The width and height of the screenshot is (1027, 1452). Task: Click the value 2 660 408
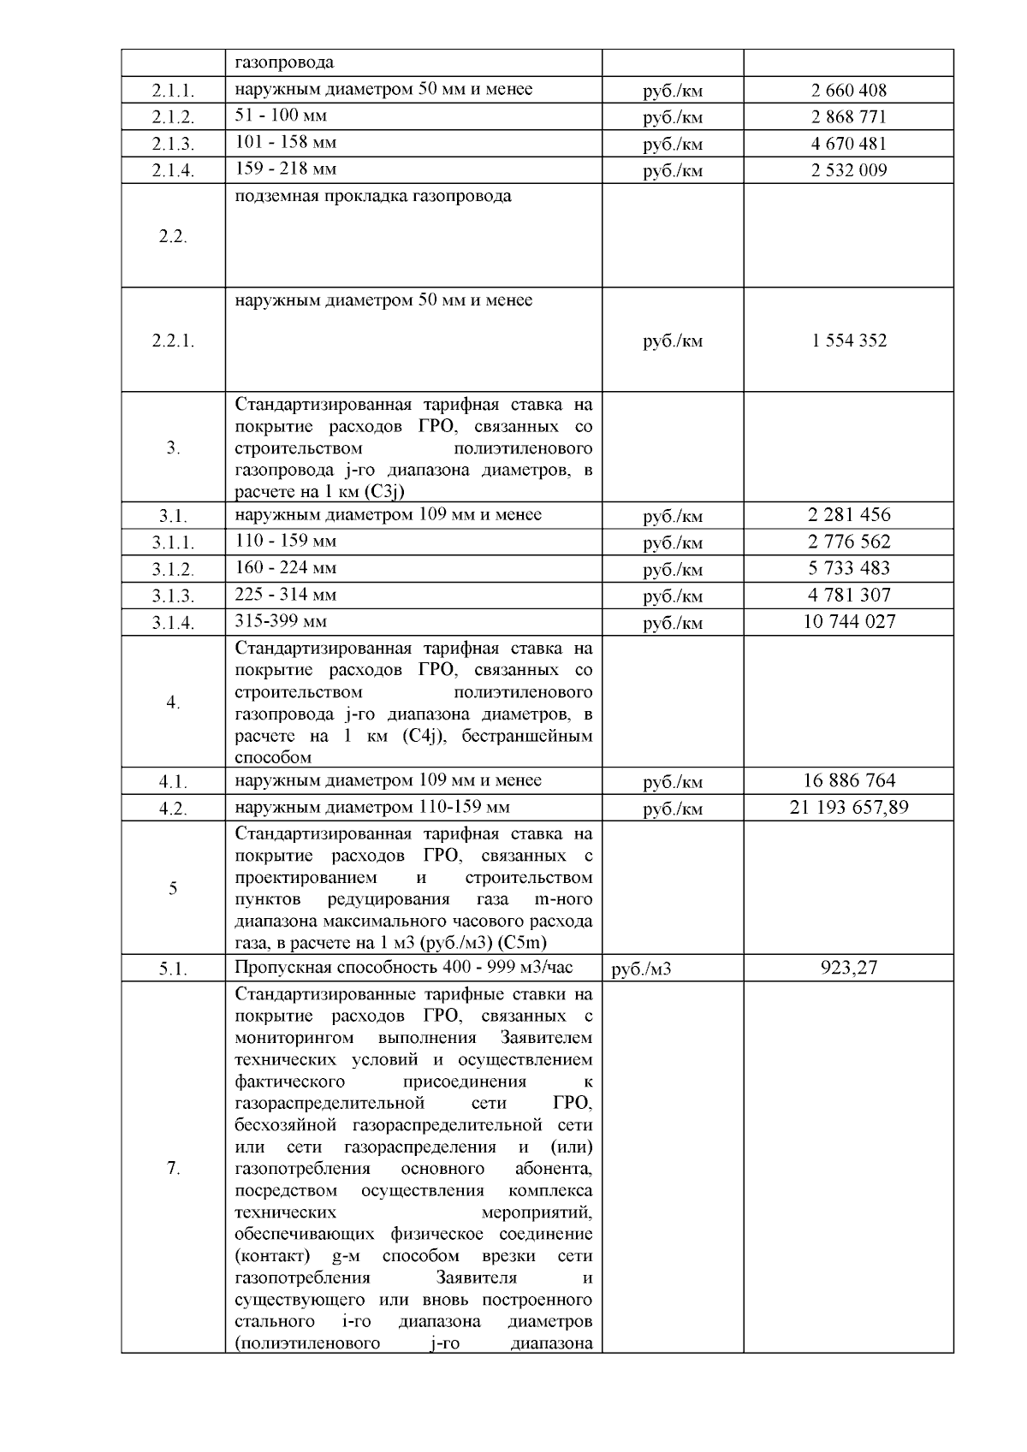pyautogui.click(x=848, y=90)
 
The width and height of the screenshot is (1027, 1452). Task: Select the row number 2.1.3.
pyautogui.click(x=173, y=144)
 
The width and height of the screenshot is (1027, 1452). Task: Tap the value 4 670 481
pyautogui.click(x=848, y=143)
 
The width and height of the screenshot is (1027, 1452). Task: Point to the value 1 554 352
pyautogui.click(x=848, y=341)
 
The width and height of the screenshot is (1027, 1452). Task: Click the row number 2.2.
pyautogui.click(x=173, y=237)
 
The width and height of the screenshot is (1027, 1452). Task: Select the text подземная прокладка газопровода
pyautogui.click(x=373, y=196)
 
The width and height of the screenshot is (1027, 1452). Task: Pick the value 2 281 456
pyautogui.click(x=848, y=515)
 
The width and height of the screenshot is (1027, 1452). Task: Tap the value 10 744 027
pyautogui.click(x=848, y=621)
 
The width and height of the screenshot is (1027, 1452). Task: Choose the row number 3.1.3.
pyautogui.click(x=173, y=596)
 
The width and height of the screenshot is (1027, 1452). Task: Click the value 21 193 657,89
pyautogui.click(x=848, y=807)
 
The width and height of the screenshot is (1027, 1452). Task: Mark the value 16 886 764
pyautogui.click(x=848, y=780)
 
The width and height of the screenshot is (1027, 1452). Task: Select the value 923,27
pyautogui.click(x=848, y=968)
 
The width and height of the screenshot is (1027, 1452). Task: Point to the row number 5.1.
pyautogui.click(x=173, y=969)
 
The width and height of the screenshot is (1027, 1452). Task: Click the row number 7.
pyautogui.click(x=173, y=1169)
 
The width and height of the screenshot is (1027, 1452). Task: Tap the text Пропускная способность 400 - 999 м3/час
pyautogui.click(x=403, y=968)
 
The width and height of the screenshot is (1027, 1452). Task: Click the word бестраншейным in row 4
pyautogui.click(x=526, y=736)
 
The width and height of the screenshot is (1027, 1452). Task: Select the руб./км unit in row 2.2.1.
pyautogui.click(x=673, y=341)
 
